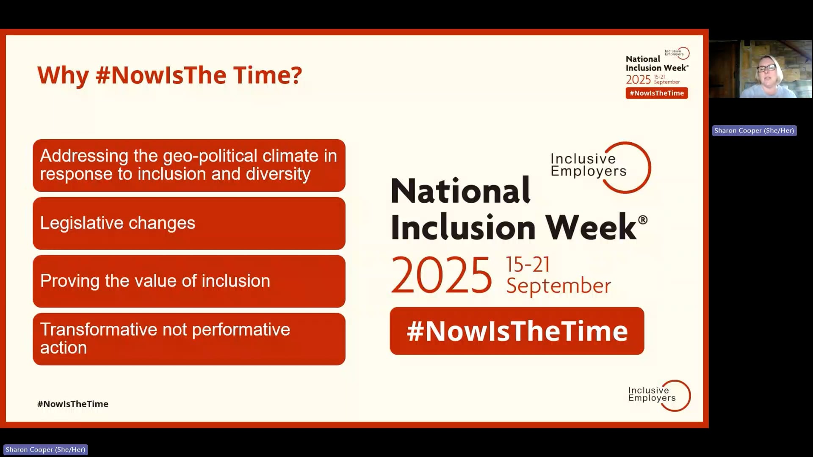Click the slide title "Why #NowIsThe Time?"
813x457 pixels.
pyautogui.click(x=169, y=75)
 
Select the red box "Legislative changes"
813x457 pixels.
pyautogui.click(x=189, y=223)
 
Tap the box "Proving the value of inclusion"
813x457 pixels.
pyautogui.click(x=189, y=281)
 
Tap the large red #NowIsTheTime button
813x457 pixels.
pyautogui.click(x=517, y=331)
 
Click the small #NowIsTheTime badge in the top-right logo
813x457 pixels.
pyautogui.click(x=656, y=93)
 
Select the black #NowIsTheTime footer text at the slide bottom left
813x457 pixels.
pyautogui.click(x=73, y=404)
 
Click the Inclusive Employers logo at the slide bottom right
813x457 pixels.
pyautogui.click(x=659, y=395)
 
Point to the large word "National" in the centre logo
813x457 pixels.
pyautogui.click(x=460, y=191)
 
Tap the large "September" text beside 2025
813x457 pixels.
pyautogui.click(x=558, y=286)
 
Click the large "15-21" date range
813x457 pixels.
pyautogui.click(x=528, y=264)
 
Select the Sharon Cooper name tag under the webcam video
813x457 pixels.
pyautogui.click(x=754, y=131)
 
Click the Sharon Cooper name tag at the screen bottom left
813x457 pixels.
pyautogui.click(x=45, y=449)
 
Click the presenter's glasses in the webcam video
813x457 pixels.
pyautogui.click(x=766, y=68)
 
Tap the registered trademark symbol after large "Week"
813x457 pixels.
pyautogui.click(x=642, y=220)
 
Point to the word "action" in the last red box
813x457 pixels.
pyautogui.click(x=64, y=348)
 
